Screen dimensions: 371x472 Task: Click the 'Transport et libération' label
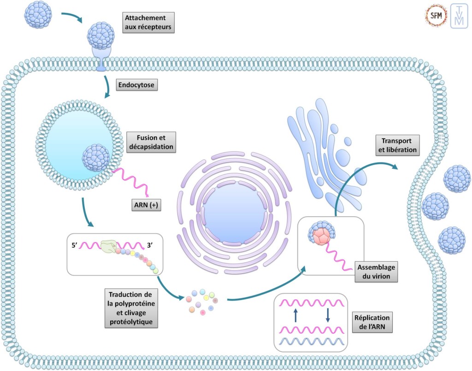[x=397, y=145]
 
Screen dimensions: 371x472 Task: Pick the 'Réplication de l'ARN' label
[x=372, y=323]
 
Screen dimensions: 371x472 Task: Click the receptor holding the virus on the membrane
[x=100, y=58]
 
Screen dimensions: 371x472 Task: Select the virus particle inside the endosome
[x=96, y=158]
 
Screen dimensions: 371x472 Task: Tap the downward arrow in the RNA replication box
[x=327, y=315]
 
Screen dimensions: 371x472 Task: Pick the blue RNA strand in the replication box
[x=309, y=342]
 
